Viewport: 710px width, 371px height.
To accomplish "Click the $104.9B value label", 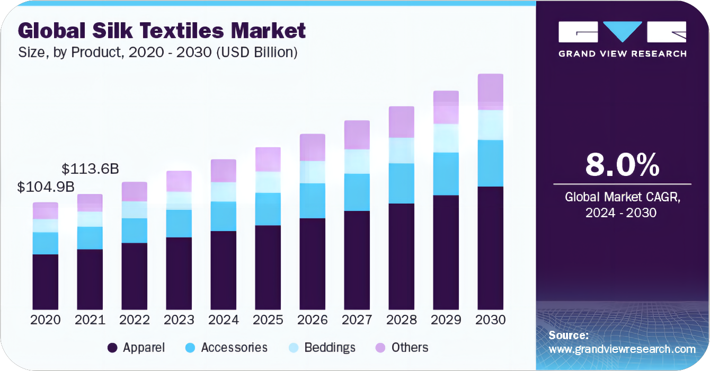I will tap(45, 187).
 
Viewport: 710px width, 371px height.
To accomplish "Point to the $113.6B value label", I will tap(90, 169).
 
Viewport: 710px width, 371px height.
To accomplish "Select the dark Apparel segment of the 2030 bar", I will tap(490, 248).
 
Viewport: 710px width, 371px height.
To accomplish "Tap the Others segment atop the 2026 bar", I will tap(312, 147).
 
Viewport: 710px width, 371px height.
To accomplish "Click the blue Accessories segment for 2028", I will tap(401, 183).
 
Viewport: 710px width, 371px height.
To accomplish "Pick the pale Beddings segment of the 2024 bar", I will tap(223, 192).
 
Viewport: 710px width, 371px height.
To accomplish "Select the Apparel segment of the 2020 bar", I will tap(45, 281).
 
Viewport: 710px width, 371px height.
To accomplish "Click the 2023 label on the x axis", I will tap(179, 320).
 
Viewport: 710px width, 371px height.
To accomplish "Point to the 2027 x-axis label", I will tap(357, 320).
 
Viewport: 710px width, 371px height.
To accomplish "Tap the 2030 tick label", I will tap(490, 320).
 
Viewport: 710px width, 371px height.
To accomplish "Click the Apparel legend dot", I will tap(112, 348).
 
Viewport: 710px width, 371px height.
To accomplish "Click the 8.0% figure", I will tap(622, 165).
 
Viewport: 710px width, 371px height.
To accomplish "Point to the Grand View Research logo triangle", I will tap(622, 31).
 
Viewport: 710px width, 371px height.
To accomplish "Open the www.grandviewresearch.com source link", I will tap(622, 349).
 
